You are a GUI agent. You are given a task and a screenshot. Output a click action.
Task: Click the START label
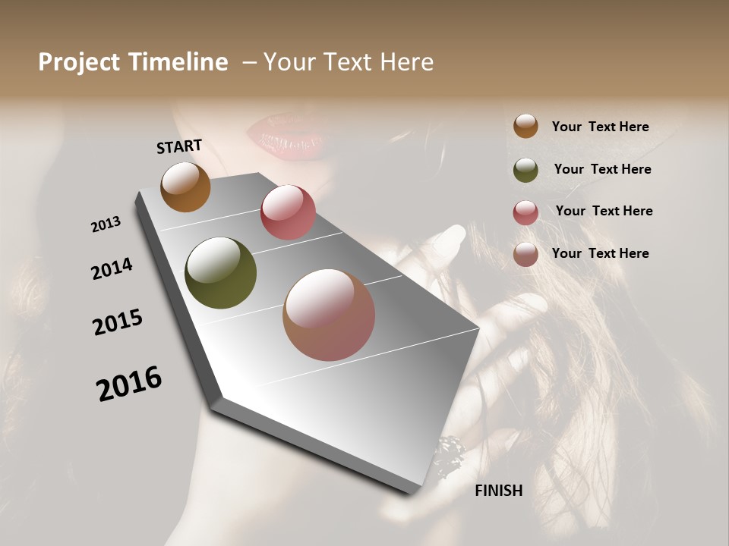click(179, 146)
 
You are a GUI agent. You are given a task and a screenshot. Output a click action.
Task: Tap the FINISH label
click(499, 491)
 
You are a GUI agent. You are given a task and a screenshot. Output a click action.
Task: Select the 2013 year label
click(106, 224)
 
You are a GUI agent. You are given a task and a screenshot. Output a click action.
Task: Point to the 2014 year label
click(112, 269)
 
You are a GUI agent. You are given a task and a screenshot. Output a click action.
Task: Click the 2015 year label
click(118, 322)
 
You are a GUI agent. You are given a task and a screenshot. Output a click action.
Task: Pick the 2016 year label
click(129, 384)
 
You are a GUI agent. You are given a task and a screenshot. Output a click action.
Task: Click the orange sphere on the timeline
click(185, 187)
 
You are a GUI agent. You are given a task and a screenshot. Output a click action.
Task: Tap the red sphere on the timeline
click(288, 212)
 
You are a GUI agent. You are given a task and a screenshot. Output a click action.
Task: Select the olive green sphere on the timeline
click(220, 273)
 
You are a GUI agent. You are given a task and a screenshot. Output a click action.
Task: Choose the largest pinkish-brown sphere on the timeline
click(329, 315)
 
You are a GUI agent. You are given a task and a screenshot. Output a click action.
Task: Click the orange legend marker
click(525, 127)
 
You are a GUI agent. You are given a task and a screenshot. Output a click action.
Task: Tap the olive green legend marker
click(525, 170)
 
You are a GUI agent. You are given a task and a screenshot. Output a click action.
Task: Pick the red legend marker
click(525, 212)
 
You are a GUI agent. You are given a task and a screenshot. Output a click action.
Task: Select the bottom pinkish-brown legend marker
click(525, 254)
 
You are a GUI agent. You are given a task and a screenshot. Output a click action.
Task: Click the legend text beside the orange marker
click(600, 127)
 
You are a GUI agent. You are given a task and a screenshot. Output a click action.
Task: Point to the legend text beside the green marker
click(602, 169)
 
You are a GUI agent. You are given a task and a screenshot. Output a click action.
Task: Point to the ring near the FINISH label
click(447, 454)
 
